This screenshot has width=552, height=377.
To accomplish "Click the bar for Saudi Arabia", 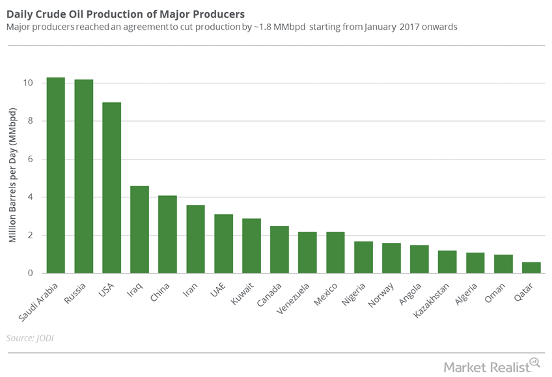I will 55,175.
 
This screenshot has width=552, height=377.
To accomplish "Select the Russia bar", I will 83,176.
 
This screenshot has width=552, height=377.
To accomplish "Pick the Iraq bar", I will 139,230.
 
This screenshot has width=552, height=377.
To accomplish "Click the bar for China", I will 167,234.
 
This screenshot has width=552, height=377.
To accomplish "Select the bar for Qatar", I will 531,268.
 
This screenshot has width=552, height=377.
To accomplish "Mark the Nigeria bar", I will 363,257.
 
